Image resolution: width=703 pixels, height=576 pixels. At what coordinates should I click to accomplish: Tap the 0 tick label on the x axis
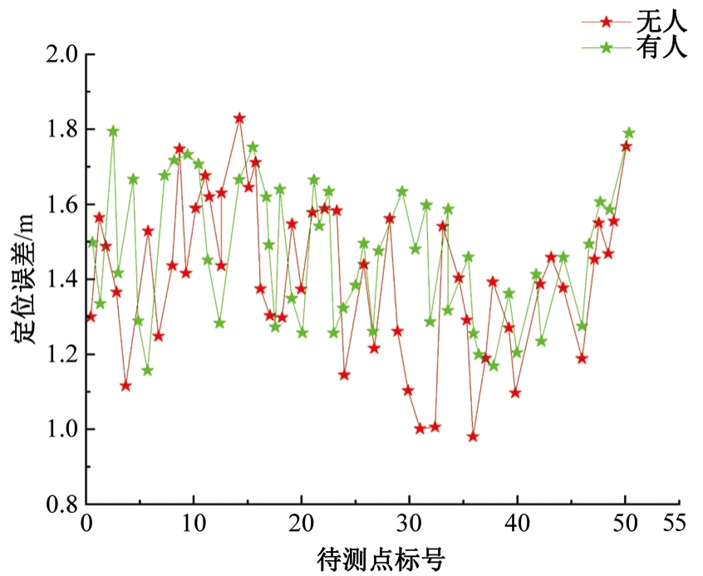pyautogui.click(x=86, y=525)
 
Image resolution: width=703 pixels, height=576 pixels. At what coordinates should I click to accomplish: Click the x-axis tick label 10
pyautogui.click(x=194, y=525)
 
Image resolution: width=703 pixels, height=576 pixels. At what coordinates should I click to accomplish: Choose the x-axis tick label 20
pyautogui.click(x=302, y=525)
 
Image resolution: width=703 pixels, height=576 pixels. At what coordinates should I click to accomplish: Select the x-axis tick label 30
pyautogui.click(x=410, y=525)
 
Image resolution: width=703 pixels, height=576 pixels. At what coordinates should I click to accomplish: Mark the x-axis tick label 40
pyautogui.click(x=518, y=525)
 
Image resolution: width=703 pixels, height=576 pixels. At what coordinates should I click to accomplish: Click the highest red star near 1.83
pyautogui.click(x=239, y=118)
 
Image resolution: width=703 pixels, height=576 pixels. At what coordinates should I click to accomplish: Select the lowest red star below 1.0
pyautogui.click(x=473, y=436)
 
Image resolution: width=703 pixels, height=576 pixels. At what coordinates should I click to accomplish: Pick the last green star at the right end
pyautogui.click(x=629, y=133)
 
